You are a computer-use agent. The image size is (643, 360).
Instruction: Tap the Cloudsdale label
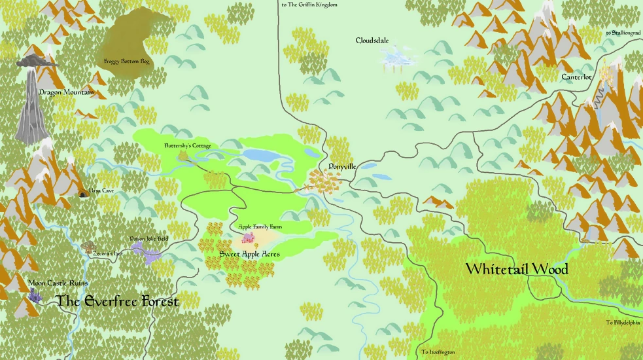coord(372,41)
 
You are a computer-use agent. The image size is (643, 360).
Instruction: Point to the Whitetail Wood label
coord(516,269)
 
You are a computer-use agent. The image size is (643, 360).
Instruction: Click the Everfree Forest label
coord(117,301)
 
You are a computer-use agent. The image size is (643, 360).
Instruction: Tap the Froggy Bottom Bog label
coord(127,62)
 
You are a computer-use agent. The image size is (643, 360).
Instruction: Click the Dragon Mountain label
coord(66,92)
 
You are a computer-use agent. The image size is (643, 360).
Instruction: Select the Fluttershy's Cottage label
coord(187,146)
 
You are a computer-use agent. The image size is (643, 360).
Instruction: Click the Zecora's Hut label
coord(100,252)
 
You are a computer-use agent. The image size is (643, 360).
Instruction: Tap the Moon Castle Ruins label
coord(58,283)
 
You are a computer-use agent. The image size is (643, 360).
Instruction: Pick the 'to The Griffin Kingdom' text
coord(309,5)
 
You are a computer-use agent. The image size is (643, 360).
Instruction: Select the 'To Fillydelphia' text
coord(623,323)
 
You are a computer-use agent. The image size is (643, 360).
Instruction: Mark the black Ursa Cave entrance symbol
coord(82,194)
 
